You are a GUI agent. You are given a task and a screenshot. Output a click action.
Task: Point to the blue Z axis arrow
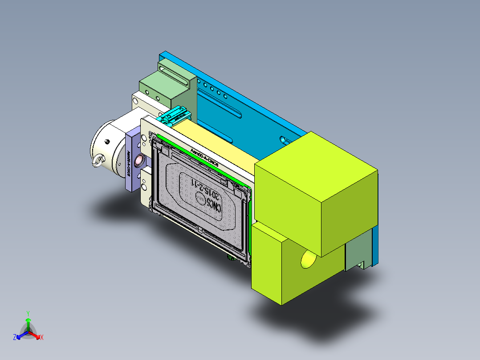click(x=19, y=336)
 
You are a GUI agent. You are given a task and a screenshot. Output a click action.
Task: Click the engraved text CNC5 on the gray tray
click(x=214, y=207)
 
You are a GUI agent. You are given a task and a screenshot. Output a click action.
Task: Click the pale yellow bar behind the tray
click(x=214, y=143)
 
